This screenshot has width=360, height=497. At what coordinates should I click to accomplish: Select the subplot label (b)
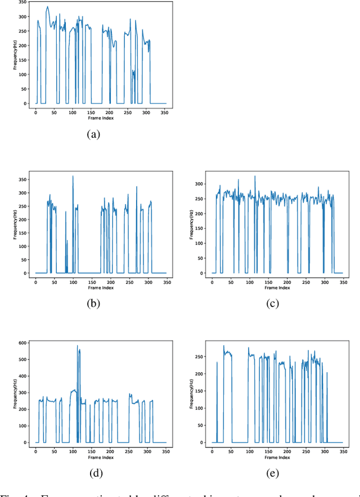click(93, 304)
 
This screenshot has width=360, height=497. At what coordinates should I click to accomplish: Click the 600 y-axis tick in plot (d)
click(22, 342)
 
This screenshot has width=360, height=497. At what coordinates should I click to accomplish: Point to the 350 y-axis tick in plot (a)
click(22, 3)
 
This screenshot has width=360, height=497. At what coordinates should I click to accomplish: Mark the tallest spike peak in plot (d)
click(78, 345)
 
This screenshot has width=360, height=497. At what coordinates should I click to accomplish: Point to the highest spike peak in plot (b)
click(73, 176)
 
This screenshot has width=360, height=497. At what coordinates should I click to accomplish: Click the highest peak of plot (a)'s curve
click(47, 7)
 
